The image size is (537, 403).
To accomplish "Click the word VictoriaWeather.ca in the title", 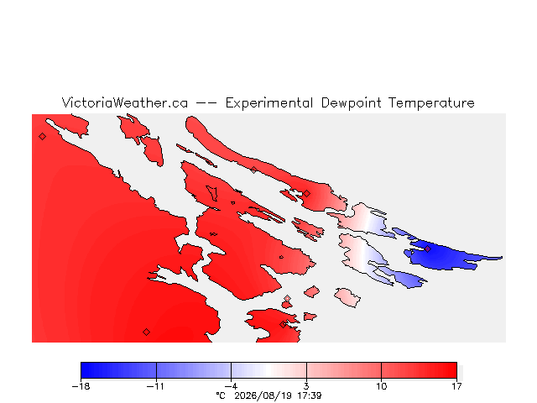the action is point(125,102).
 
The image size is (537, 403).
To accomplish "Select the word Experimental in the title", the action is point(269,103).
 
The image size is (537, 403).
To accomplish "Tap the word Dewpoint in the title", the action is point(351,103).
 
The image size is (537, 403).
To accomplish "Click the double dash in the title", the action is point(206,102).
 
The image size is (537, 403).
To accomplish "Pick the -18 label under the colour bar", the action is point(81,386).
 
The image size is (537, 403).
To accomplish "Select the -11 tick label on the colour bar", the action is point(155,386).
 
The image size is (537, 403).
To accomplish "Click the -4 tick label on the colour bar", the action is point(232,386).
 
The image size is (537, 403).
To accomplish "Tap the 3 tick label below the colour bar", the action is point(306,386).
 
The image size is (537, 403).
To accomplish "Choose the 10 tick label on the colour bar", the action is point(382,386).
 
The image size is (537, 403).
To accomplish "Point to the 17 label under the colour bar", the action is point(456,386).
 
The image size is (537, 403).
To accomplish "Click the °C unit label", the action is point(221,395).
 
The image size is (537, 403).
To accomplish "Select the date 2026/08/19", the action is point(263,395).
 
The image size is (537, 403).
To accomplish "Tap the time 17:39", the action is point(310,395).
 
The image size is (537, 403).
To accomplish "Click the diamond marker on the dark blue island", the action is point(428,249).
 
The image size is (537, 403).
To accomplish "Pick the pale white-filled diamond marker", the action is point(287,299).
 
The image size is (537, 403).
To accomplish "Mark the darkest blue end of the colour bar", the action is point(82,370).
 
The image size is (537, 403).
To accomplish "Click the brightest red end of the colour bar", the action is point(455,370).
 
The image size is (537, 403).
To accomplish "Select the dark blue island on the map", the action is point(446,255).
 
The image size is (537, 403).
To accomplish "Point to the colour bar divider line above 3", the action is point(306,370).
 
